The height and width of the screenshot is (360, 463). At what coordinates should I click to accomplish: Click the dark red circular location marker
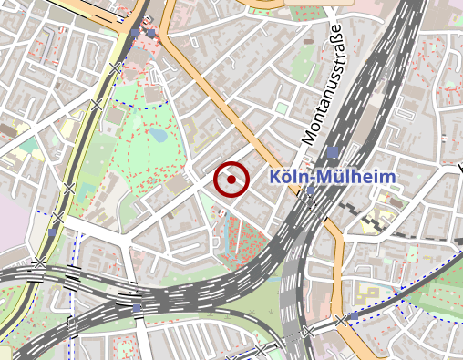pos(231,180)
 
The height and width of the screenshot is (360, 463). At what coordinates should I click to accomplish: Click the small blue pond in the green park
pos(159,136)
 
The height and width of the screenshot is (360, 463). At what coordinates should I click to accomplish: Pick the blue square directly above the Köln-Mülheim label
pos(334,152)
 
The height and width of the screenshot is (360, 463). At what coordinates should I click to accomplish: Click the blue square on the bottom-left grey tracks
pos(137,308)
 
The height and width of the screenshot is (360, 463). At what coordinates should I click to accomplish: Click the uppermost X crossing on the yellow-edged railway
pos(115,67)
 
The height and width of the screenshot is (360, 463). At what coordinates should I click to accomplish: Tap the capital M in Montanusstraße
pos(309,138)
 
